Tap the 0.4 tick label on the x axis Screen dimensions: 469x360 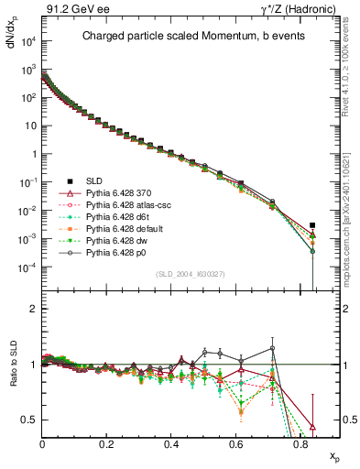tap(171, 442)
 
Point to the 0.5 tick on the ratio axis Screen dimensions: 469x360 tap(31, 420)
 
